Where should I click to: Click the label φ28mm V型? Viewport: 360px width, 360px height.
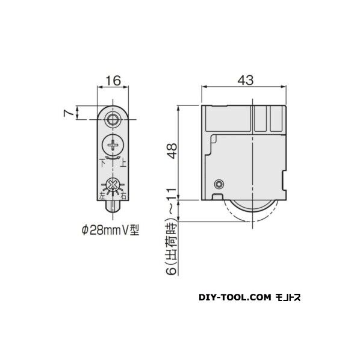tap(111, 229)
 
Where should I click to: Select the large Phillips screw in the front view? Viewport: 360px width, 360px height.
tap(113, 145)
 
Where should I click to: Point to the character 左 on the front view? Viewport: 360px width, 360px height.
tap(101, 196)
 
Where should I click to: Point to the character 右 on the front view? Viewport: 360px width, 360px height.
tap(123, 196)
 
